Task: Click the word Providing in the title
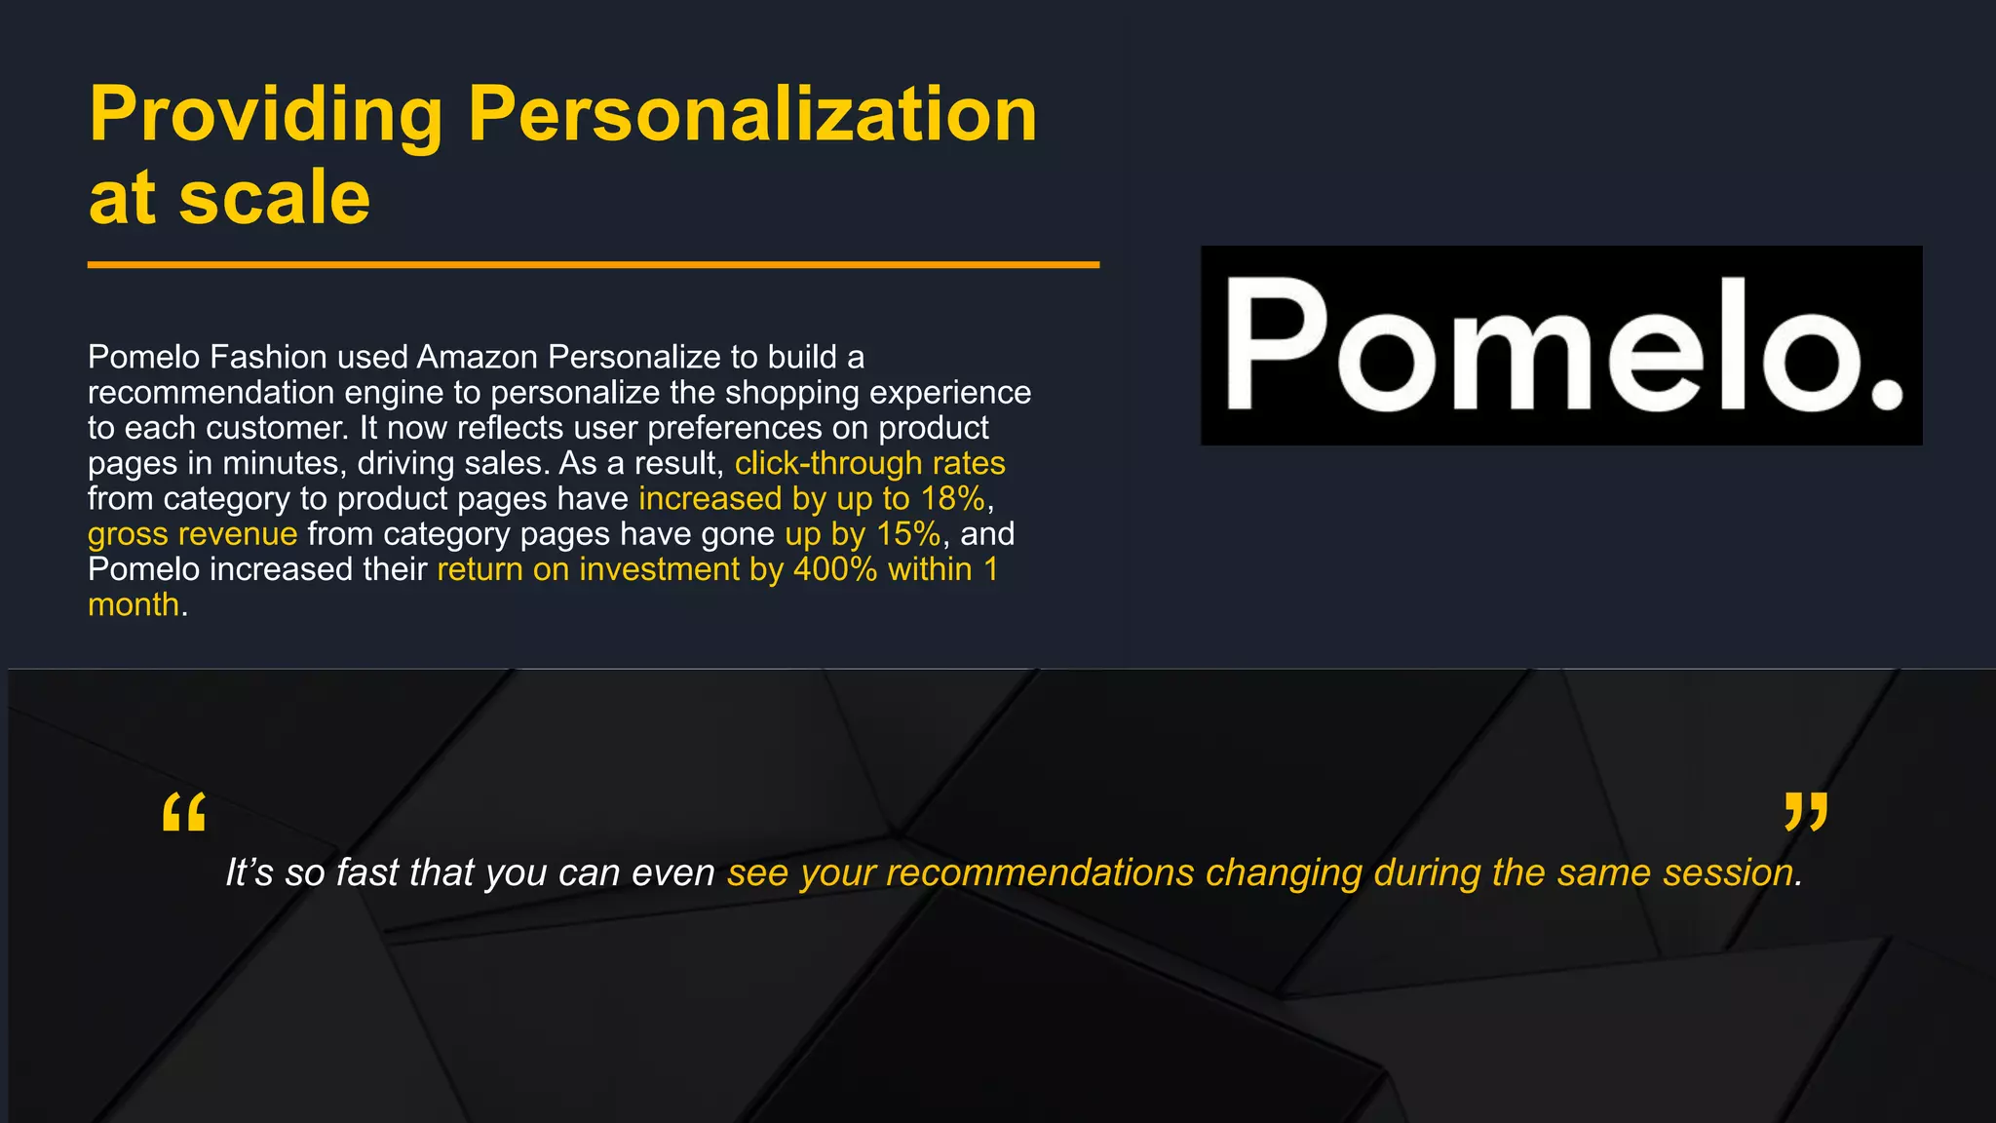pyautogui.click(x=265, y=115)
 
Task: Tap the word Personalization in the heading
pyautogui.click(x=752, y=115)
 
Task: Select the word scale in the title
pyautogui.click(x=274, y=198)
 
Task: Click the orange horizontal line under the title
pyautogui.click(x=593, y=264)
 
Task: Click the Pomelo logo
pyautogui.click(x=1560, y=345)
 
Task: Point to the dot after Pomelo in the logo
pyautogui.click(x=1888, y=394)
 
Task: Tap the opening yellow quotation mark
pyautogui.click(x=183, y=812)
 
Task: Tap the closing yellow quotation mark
pyautogui.click(x=1805, y=812)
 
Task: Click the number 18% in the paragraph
pyautogui.click(x=952, y=499)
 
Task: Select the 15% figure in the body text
pyautogui.click(x=908, y=534)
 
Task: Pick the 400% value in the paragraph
pyautogui.click(x=835, y=569)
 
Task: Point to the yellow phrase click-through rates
pyautogui.click(x=869, y=463)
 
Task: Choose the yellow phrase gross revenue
pyautogui.click(x=192, y=534)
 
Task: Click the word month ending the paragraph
pyautogui.click(x=134, y=605)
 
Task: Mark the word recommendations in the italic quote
pyautogui.click(x=1039, y=872)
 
